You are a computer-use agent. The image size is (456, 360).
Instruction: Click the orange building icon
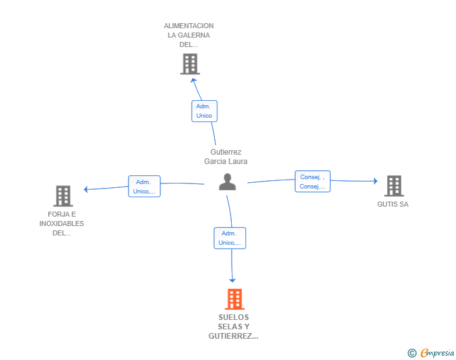click(x=235, y=299)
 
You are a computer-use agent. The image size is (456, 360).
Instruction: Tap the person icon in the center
click(x=227, y=182)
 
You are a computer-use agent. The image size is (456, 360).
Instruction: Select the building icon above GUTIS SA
click(x=394, y=186)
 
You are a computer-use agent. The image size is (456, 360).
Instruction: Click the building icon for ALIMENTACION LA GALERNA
click(x=190, y=64)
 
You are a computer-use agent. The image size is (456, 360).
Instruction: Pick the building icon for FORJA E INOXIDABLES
click(x=63, y=196)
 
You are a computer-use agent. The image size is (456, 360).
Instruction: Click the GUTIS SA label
click(x=393, y=205)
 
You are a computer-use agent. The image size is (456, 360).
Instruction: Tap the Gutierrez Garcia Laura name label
click(x=225, y=157)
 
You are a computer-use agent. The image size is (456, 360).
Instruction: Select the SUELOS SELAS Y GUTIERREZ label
click(x=234, y=327)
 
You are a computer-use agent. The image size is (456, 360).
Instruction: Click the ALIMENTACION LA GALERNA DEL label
click(x=189, y=35)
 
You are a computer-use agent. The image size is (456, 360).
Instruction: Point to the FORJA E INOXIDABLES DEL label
click(x=61, y=224)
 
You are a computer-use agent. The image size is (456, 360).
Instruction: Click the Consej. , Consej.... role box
click(x=313, y=182)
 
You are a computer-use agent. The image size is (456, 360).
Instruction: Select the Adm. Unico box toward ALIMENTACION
click(x=204, y=111)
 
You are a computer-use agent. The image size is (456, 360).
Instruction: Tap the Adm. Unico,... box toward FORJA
click(x=144, y=187)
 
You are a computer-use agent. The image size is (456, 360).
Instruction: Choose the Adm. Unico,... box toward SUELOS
click(x=230, y=238)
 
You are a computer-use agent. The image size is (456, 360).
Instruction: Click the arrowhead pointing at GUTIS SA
click(x=376, y=181)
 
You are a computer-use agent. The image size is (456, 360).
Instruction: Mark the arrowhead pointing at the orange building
click(x=232, y=280)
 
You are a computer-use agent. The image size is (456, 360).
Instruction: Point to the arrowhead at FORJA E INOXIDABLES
click(x=86, y=190)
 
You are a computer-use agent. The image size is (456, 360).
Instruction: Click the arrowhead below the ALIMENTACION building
click(x=194, y=80)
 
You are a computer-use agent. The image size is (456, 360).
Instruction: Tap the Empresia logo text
click(x=437, y=352)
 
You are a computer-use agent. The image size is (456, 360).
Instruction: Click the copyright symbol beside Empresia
click(x=412, y=353)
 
